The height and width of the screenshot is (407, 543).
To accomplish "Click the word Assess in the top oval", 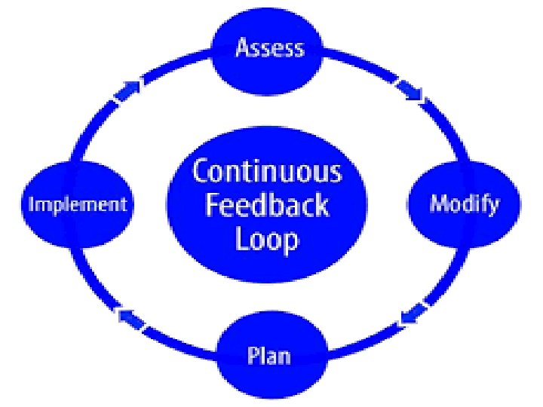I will tap(270, 48).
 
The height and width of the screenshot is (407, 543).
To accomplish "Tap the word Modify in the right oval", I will tap(464, 203).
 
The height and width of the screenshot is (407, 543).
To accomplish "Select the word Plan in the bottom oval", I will tap(269, 353).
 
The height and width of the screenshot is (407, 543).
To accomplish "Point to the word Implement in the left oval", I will tap(77, 204).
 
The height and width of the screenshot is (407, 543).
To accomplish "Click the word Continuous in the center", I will tap(266, 172).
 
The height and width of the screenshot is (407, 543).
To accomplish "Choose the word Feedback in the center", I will tap(266, 206).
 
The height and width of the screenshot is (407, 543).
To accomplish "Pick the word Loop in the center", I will tap(266, 240).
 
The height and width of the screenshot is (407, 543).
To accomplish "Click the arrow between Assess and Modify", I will tap(410, 92).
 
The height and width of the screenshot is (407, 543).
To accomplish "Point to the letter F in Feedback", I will tap(213, 205).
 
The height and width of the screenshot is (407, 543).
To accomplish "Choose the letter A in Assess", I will tap(244, 48).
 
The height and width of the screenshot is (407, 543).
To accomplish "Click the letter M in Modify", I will tap(438, 203).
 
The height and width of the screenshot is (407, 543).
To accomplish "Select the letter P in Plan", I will tap(253, 353).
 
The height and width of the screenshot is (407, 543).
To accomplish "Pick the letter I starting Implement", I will tap(32, 204).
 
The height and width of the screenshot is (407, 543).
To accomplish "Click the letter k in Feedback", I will tap(321, 205).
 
